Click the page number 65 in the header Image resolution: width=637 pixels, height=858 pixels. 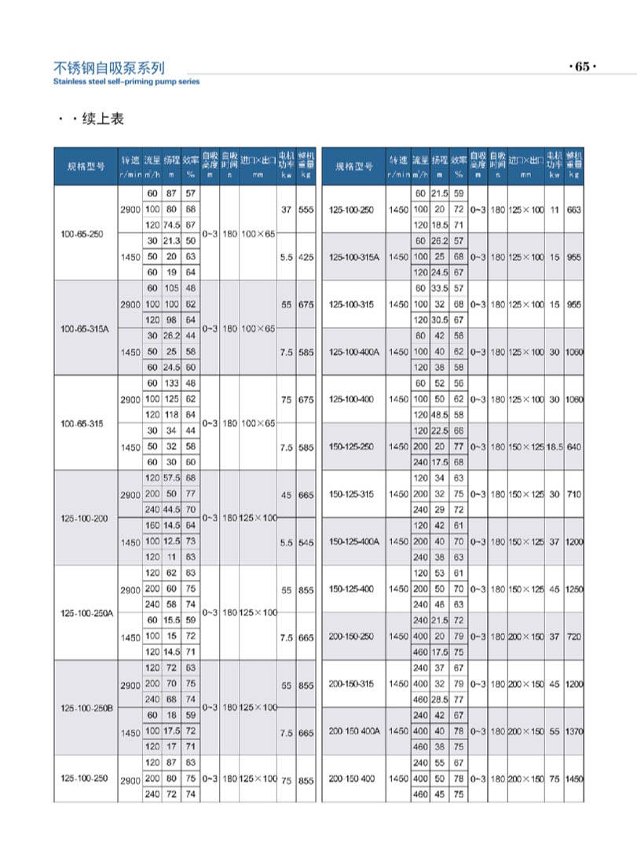pyautogui.click(x=582, y=67)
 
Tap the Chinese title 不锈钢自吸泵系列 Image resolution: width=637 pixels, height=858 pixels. pyautogui.click(x=109, y=68)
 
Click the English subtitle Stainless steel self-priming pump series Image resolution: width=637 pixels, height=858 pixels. pyautogui.click(x=126, y=81)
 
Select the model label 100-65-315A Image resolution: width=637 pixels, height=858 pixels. pyautogui.click(x=86, y=328)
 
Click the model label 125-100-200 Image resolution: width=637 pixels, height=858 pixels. pyautogui.click(x=85, y=518)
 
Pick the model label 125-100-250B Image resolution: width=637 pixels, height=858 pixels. pyautogui.click(x=86, y=708)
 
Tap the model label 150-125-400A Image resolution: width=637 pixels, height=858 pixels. pyautogui.click(x=355, y=541)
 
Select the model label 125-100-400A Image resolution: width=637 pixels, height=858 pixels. pyautogui.click(x=355, y=352)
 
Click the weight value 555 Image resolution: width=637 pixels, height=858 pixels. pyautogui.click(x=306, y=210)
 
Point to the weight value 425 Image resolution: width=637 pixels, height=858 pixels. pyautogui.click(x=306, y=256)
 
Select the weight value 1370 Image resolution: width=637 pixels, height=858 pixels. pyautogui.click(x=574, y=731)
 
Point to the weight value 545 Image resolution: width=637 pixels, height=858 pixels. pyautogui.click(x=306, y=542)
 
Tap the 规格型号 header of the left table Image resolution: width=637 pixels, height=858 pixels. pyautogui.click(x=86, y=167)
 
